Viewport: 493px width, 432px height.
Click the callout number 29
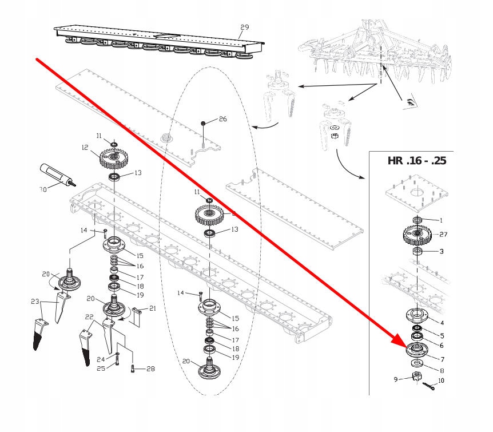pyautogui.click(x=245, y=27)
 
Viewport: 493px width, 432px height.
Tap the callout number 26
pyautogui.click(x=222, y=119)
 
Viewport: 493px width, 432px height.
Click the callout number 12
pyautogui.click(x=85, y=148)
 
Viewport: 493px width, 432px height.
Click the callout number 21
pyautogui.click(x=152, y=309)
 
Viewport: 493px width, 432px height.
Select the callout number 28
pyautogui.click(x=150, y=369)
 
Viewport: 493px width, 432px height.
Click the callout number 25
pyautogui.click(x=100, y=368)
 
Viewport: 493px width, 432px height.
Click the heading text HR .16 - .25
pyautogui.click(x=417, y=160)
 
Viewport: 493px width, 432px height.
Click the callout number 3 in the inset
pyautogui.click(x=441, y=252)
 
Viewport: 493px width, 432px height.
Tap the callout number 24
pyautogui.click(x=100, y=359)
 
